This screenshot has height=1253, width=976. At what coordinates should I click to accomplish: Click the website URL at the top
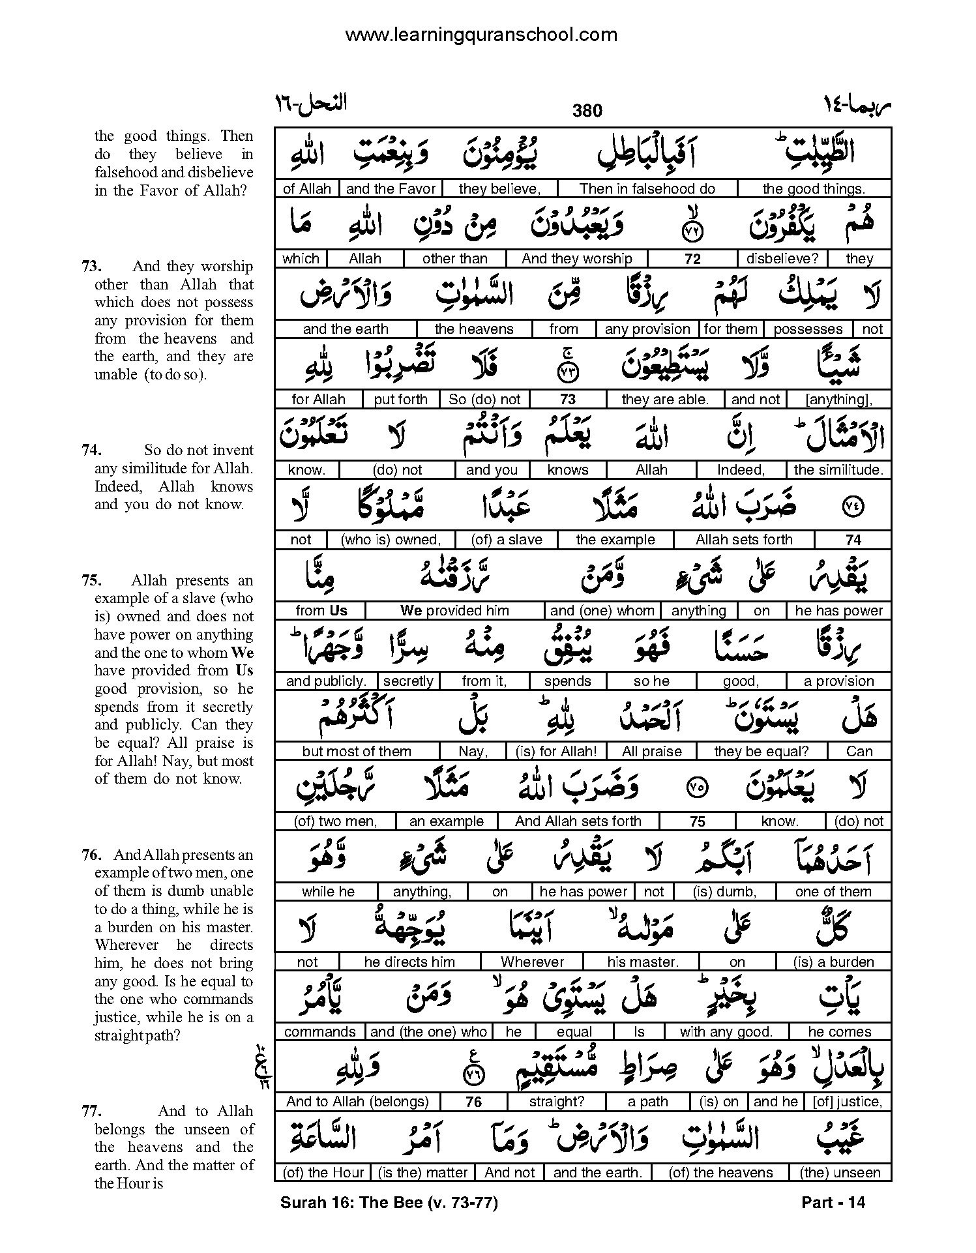[481, 35]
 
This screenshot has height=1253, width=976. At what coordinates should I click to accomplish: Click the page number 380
[587, 111]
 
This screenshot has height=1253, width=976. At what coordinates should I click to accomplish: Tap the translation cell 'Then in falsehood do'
[647, 189]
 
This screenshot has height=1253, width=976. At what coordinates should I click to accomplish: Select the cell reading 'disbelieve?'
[782, 259]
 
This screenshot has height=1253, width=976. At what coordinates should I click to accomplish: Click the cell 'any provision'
[647, 329]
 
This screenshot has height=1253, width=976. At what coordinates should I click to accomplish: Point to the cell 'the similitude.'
[838, 470]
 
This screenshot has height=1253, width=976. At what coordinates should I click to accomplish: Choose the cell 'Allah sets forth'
[743, 540]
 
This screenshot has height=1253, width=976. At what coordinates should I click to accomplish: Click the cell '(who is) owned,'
[391, 540]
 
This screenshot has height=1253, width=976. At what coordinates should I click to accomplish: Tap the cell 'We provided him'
[454, 611]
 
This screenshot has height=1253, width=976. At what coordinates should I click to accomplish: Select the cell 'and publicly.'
[326, 681]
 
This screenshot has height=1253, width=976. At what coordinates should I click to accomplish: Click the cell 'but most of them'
[357, 752]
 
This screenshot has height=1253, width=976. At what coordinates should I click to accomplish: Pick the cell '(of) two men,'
[336, 821]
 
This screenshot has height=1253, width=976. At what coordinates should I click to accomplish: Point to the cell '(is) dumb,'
[724, 892]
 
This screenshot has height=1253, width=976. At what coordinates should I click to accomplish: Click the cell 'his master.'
[642, 962]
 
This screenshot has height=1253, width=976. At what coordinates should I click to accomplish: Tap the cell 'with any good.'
[726, 1032]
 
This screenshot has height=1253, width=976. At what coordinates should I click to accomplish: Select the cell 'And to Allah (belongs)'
[357, 1102]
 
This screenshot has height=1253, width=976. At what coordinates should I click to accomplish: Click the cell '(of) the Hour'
[323, 1173]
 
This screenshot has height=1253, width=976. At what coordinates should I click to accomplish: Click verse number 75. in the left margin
[91, 581]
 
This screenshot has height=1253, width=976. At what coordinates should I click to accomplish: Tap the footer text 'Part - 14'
[833, 1203]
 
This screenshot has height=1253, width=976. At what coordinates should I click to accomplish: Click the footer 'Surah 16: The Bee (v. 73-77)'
[389, 1203]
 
